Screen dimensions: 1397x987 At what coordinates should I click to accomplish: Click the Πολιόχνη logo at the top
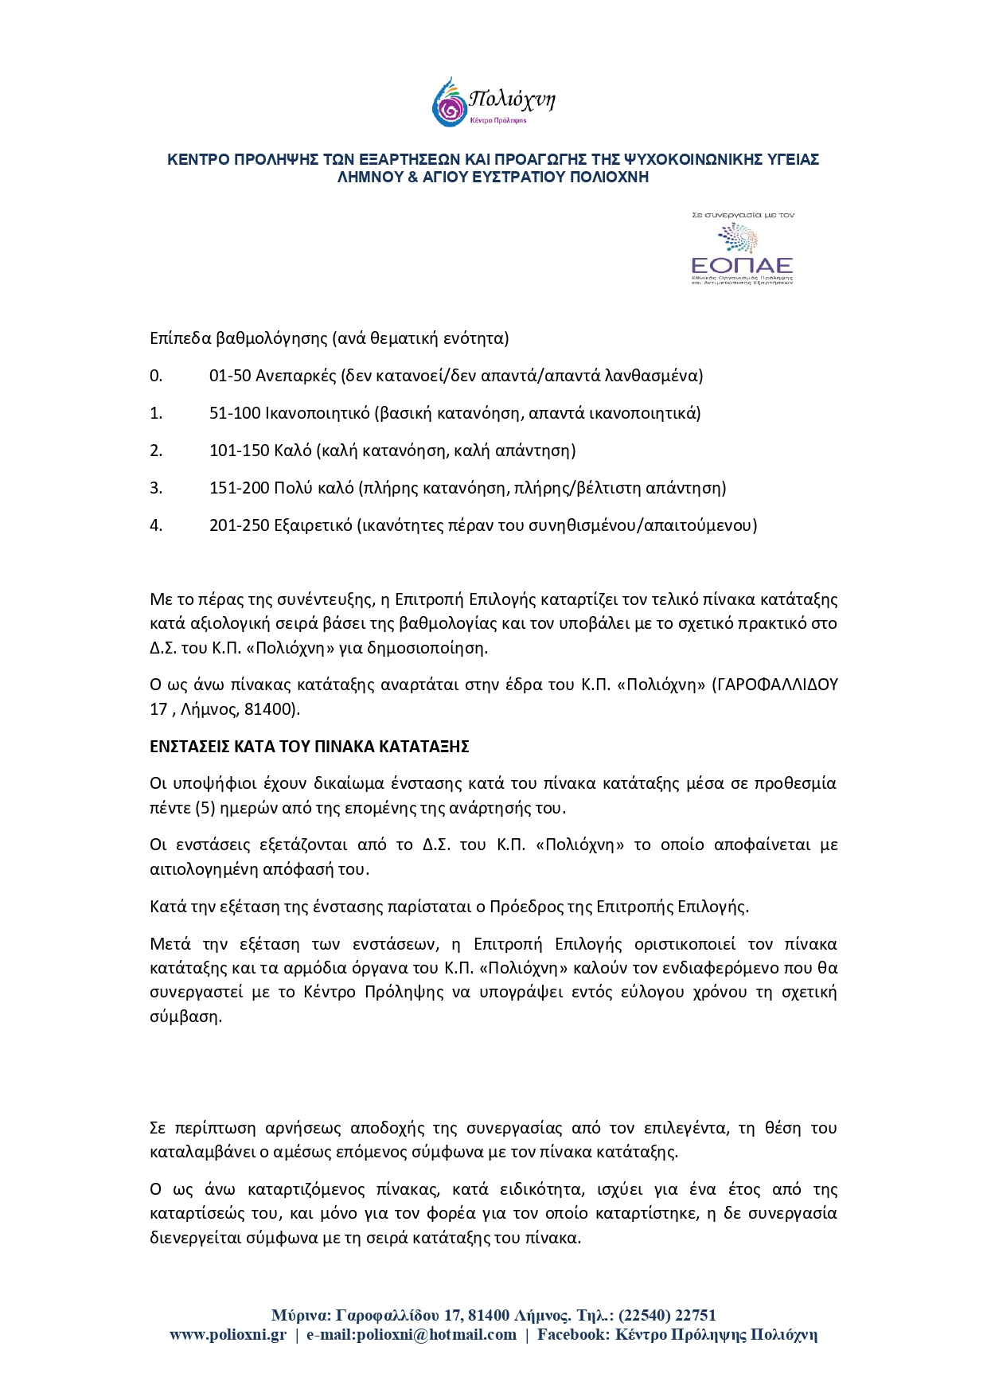click(493, 102)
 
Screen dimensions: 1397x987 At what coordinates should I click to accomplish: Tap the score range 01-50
click(230, 376)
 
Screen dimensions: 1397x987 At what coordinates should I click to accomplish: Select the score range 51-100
click(235, 413)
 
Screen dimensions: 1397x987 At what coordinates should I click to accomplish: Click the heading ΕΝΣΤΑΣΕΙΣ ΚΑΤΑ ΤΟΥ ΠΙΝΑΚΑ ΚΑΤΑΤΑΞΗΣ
click(310, 747)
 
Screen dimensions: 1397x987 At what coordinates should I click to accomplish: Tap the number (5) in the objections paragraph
click(205, 808)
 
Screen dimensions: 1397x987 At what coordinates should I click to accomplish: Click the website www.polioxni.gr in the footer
click(228, 1335)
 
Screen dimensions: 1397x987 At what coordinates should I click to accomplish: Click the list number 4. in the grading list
click(156, 525)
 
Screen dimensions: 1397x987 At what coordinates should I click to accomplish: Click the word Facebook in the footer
click(571, 1335)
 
